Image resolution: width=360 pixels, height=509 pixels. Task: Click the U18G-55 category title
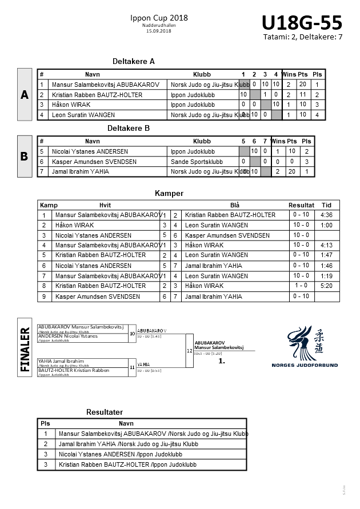(x=302, y=23)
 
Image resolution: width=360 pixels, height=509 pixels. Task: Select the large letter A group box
(x=24, y=95)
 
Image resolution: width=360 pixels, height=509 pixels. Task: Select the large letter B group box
(x=24, y=157)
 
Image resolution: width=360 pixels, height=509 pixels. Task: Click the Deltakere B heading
(x=129, y=129)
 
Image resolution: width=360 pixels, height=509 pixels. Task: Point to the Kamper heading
(x=169, y=193)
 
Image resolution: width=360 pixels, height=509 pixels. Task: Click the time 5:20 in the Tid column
(x=327, y=286)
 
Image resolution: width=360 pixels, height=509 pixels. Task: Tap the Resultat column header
(x=301, y=205)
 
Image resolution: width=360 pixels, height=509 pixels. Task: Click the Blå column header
(x=234, y=205)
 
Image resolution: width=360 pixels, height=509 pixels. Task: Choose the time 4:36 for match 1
(x=327, y=215)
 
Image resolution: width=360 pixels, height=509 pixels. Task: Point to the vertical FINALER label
(x=25, y=349)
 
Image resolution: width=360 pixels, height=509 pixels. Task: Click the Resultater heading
(x=105, y=412)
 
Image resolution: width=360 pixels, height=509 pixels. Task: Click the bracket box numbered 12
(x=190, y=350)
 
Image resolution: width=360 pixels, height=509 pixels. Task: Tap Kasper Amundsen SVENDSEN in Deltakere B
(x=94, y=162)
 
